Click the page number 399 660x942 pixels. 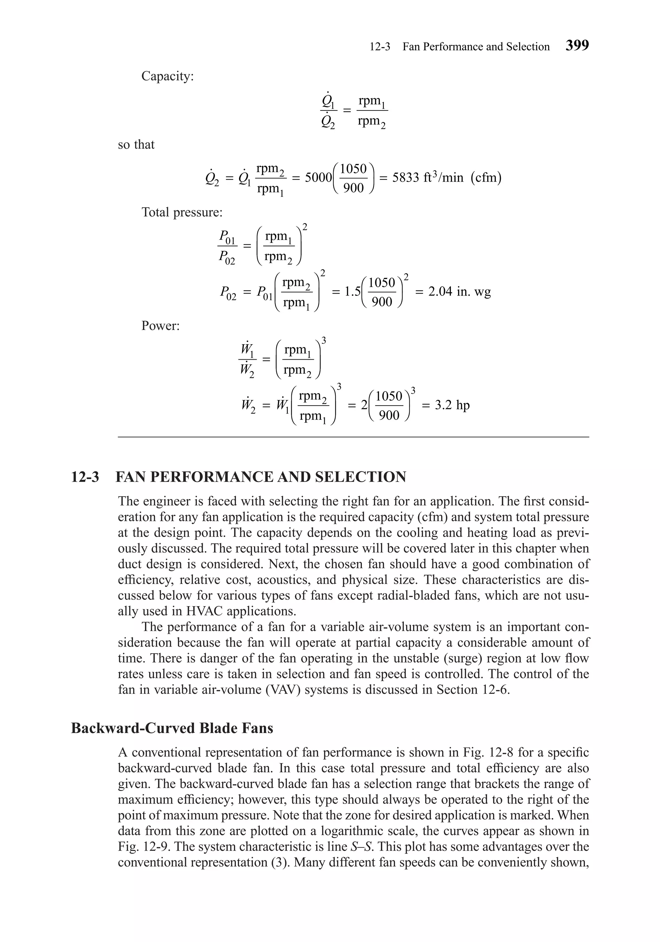(577, 45)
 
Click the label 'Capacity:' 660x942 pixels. (168, 76)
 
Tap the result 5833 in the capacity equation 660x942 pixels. (406, 178)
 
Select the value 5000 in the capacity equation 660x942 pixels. (318, 178)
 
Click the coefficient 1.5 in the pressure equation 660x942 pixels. (352, 292)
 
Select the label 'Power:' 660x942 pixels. (160, 326)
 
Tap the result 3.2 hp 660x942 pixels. (446, 405)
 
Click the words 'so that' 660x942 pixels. (136, 145)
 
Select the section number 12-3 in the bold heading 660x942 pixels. (85, 477)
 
